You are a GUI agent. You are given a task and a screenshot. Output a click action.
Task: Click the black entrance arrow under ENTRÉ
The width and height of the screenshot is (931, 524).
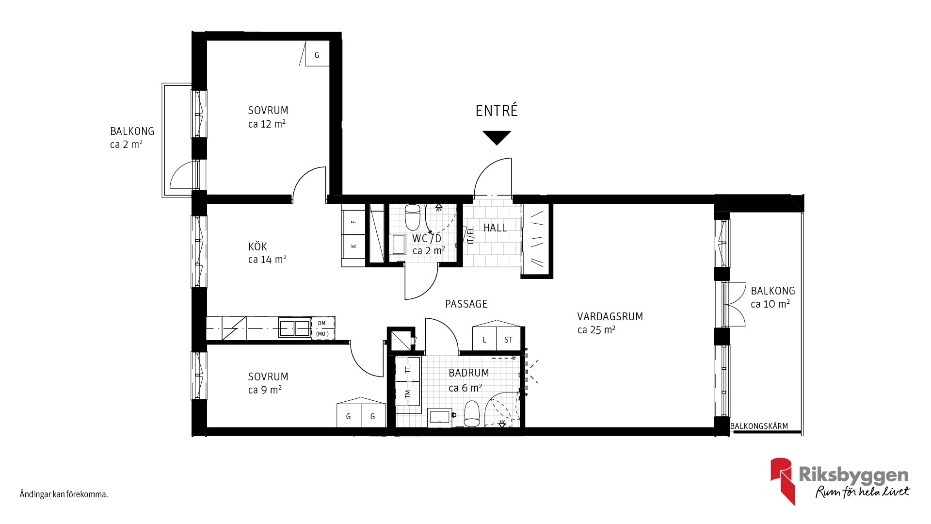pyautogui.click(x=497, y=137)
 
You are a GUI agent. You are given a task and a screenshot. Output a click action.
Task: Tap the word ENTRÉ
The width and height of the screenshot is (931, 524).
pyautogui.click(x=497, y=111)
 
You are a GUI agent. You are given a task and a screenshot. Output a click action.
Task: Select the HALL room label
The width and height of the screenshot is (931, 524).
pyautogui.click(x=495, y=228)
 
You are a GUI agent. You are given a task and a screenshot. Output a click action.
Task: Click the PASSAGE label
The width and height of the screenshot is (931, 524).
pyautogui.click(x=466, y=304)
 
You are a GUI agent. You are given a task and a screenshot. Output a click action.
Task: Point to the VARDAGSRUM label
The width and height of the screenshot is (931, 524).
pyautogui.click(x=610, y=316)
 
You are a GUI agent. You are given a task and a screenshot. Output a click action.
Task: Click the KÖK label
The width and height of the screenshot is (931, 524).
pyautogui.click(x=257, y=246)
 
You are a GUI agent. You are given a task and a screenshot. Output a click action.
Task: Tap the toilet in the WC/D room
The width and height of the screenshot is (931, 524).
pyautogui.click(x=412, y=217)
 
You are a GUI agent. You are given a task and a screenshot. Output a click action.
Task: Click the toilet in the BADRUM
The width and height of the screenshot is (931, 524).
pyautogui.click(x=471, y=413)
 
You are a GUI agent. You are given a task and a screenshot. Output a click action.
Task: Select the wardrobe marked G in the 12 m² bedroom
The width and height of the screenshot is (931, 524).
pyautogui.click(x=317, y=54)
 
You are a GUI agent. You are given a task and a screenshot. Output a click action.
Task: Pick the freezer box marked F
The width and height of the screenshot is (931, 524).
pyautogui.click(x=353, y=222)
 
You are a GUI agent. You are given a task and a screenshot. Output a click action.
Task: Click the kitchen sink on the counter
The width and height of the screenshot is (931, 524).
pyautogui.click(x=294, y=328)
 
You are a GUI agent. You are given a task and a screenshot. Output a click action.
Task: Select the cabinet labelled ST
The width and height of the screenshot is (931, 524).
pyautogui.click(x=508, y=340)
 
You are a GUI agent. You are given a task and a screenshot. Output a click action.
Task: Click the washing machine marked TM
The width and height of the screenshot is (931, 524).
pyautogui.click(x=408, y=394)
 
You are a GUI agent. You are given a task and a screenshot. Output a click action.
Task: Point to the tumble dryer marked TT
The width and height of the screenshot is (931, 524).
pyautogui.click(x=408, y=369)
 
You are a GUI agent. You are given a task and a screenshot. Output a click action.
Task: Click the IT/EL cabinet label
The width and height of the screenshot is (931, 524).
pyautogui.click(x=470, y=235)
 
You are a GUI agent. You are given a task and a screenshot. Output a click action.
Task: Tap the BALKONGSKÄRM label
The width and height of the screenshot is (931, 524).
pyautogui.click(x=759, y=426)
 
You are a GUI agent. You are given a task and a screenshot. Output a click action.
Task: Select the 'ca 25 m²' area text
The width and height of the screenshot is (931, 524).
pyautogui.click(x=596, y=330)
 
